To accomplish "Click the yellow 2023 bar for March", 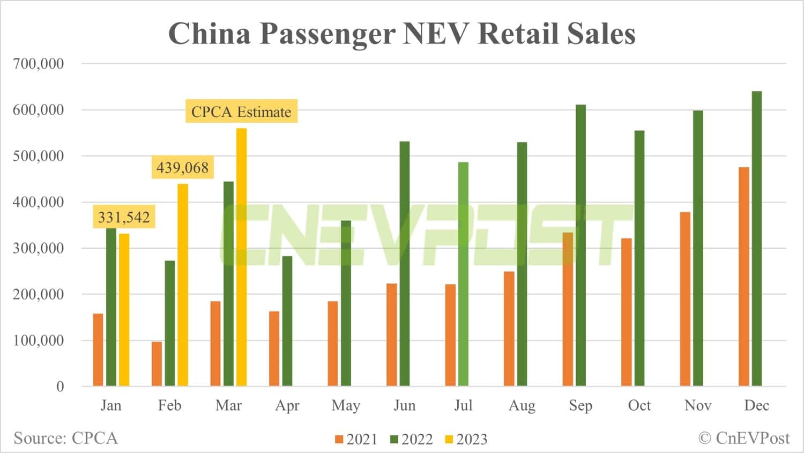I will coord(241,257).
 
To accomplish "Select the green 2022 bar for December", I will coord(756,239).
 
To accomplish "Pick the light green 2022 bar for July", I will coord(463,274).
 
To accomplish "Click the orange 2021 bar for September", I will coord(568,309).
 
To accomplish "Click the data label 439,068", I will coord(182,168).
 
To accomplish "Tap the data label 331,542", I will coord(124,217).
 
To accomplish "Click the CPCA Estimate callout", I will coord(241,112).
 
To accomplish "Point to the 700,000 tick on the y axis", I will coord(38,63).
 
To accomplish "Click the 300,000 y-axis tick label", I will coord(38,248).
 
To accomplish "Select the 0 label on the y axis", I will coord(60,387).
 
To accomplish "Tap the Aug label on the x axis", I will coord(522,405).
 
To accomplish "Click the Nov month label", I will coord(698,405).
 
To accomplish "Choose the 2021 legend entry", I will coord(356,439).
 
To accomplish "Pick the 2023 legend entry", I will coord(466,439).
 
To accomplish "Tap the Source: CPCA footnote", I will coord(65,438).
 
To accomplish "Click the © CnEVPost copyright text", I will coord(743,438).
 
